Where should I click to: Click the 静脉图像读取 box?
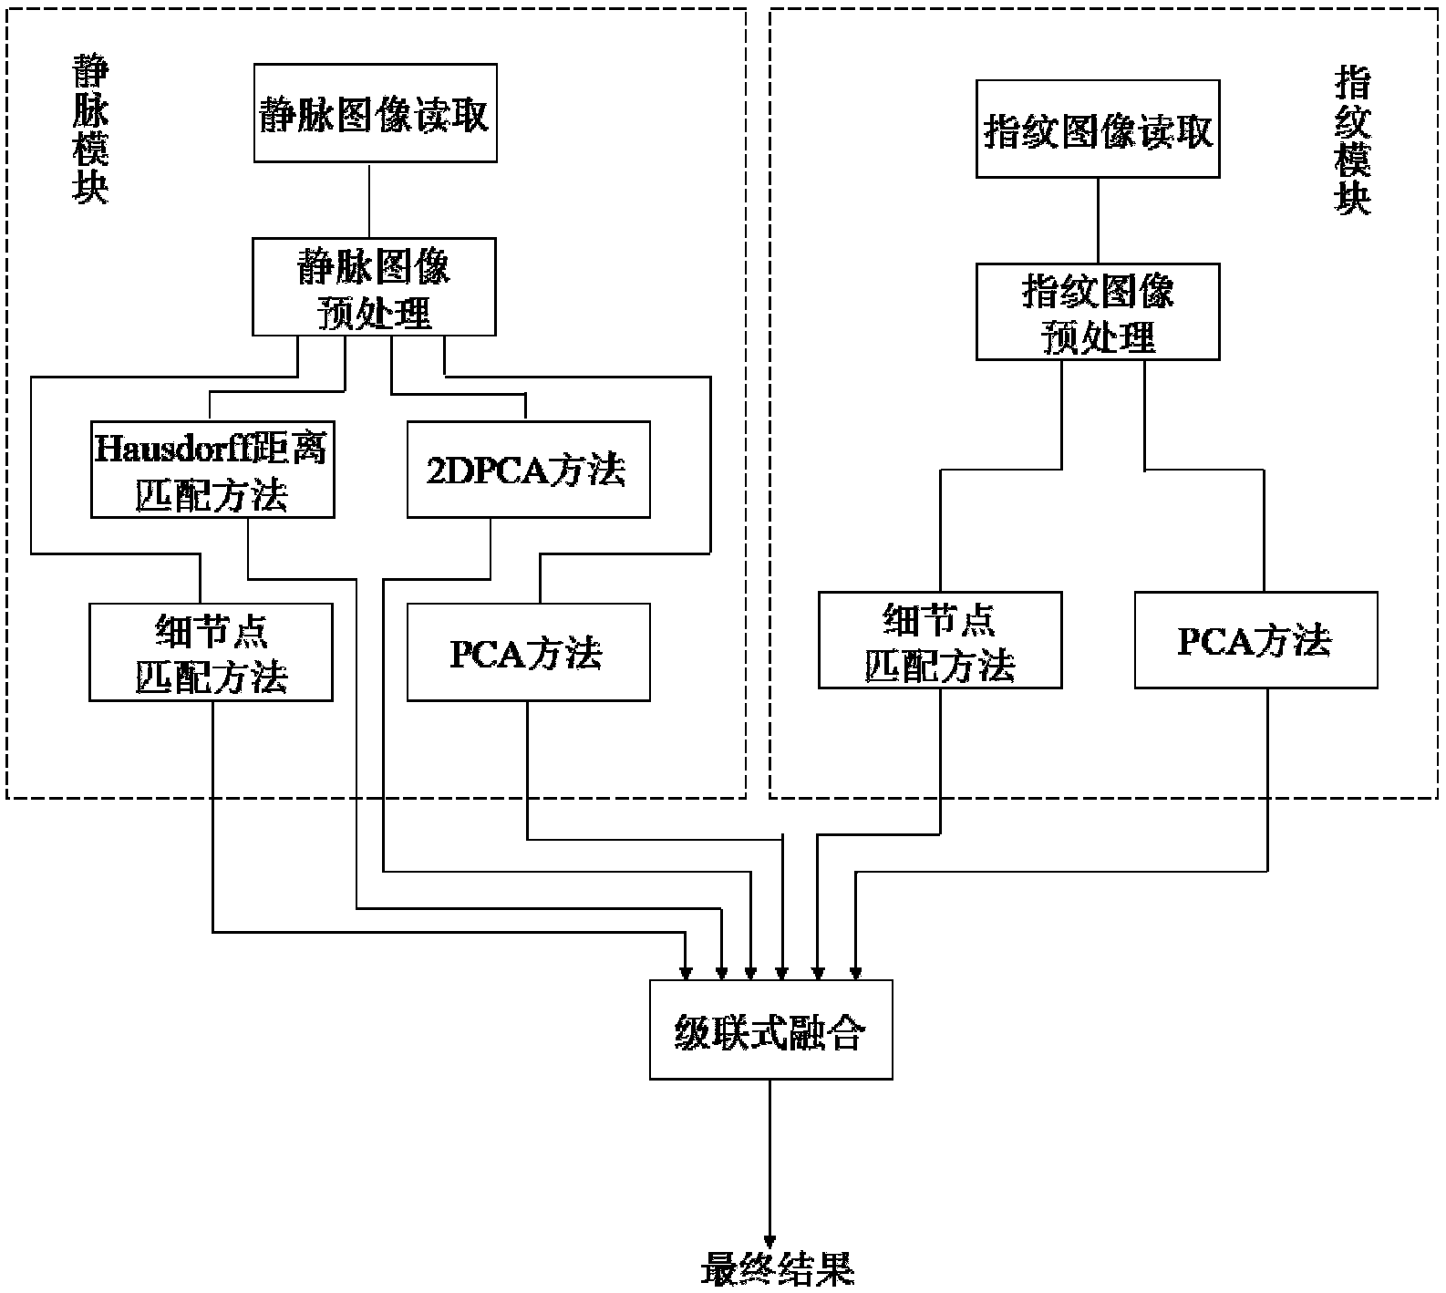click(375, 113)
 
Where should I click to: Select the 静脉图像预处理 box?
click(374, 287)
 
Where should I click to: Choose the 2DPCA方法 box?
click(528, 470)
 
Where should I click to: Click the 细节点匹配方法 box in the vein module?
click(211, 652)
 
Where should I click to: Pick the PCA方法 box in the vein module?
click(528, 652)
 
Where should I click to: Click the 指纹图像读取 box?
click(1098, 129)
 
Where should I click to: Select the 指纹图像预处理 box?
click(1098, 312)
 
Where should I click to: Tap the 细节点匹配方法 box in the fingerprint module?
click(940, 640)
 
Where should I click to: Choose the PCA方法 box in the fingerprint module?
click(1255, 640)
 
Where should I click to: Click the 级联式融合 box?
click(770, 1030)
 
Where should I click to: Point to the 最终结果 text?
click(777, 1268)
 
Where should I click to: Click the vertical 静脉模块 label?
click(90, 128)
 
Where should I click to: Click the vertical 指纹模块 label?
click(1352, 141)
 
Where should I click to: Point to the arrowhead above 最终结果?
click(771, 1241)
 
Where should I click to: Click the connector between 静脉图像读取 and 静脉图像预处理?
click(369, 201)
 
